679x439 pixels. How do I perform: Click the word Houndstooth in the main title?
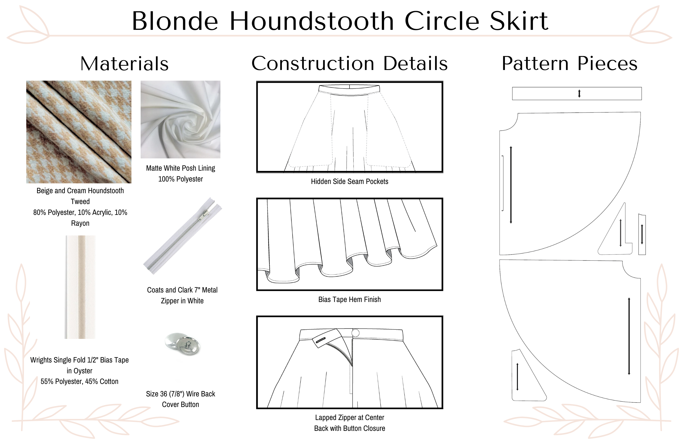(x=312, y=21)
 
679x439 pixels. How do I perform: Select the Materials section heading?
(x=124, y=63)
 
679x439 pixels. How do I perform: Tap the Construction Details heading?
(x=350, y=63)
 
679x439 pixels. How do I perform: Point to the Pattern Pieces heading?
(x=570, y=63)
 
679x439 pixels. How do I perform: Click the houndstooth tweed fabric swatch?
(x=79, y=132)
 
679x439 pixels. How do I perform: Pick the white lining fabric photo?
(x=180, y=119)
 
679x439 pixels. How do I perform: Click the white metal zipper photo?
(x=183, y=236)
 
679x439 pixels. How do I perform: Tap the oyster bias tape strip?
(x=80, y=287)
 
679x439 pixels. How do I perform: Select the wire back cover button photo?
(x=183, y=344)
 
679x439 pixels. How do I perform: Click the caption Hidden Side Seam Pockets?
(x=350, y=182)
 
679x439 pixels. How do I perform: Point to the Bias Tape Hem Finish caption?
(x=350, y=299)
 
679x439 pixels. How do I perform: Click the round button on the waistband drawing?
(x=356, y=333)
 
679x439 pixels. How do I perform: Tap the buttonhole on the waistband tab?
(x=321, y=340)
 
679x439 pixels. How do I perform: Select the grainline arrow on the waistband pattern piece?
(x=579, y=94)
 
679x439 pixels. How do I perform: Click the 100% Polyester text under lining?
(x=180, y=179)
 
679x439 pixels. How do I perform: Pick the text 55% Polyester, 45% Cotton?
(x=79, y=381)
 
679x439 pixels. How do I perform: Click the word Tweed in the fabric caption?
(x=80, y=202)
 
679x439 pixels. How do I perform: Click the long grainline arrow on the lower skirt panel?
(x=629, y=336)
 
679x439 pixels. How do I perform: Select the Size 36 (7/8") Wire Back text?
(x=180, y=394)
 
